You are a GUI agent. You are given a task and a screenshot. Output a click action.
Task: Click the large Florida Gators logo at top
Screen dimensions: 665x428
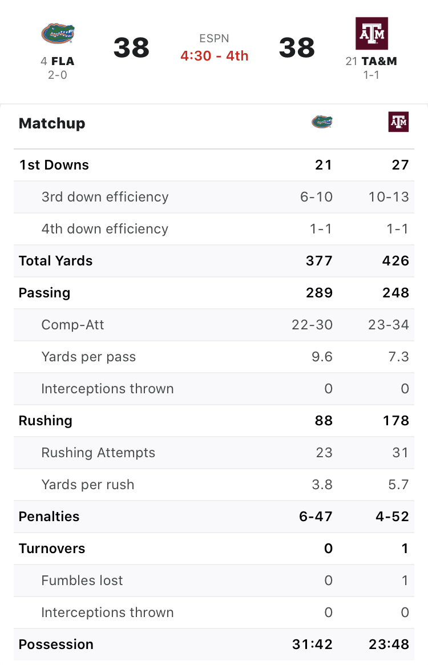tap(58, 34)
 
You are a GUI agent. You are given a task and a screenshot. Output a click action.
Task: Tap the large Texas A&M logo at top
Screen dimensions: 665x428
tap(372, 34)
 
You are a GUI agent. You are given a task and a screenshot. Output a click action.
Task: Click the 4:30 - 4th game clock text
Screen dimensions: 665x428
tap(214, 56)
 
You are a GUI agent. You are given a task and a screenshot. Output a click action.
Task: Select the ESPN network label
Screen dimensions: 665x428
tap(214, 39)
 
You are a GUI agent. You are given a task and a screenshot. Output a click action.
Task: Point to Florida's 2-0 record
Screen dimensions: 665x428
tap(57, 75)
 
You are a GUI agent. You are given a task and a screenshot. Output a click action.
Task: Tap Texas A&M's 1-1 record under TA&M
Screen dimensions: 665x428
tap(372, 75)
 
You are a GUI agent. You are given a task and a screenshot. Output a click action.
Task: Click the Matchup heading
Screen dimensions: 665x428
tap(52, 123)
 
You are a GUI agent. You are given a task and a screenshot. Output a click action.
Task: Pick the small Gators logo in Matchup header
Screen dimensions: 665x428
tap(322, 122)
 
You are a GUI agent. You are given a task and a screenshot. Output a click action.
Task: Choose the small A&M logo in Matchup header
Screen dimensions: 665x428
tap(398, 122)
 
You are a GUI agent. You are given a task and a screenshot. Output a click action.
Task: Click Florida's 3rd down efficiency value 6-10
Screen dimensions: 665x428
tap(316, 197)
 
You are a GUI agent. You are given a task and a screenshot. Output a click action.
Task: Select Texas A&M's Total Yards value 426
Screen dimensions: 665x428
tap(396, 261)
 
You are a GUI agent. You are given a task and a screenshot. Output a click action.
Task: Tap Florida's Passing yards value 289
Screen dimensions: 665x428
tap(319, 293)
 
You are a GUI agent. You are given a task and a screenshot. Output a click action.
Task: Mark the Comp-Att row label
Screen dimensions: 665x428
tap(72, 325)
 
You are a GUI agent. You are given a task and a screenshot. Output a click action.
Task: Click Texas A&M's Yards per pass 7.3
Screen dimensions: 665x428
tap(398, 357)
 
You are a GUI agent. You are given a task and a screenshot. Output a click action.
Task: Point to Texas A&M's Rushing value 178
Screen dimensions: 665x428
tap(397, 421)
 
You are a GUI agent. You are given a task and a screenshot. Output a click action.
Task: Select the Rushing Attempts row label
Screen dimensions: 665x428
tap(98, 453)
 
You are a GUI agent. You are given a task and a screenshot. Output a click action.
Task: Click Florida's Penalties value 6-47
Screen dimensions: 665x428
tap(316, 517)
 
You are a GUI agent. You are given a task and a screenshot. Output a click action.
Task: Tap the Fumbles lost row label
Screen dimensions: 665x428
tap(82, 581)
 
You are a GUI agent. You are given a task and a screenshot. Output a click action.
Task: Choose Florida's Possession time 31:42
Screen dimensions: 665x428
tap(312, 644)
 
